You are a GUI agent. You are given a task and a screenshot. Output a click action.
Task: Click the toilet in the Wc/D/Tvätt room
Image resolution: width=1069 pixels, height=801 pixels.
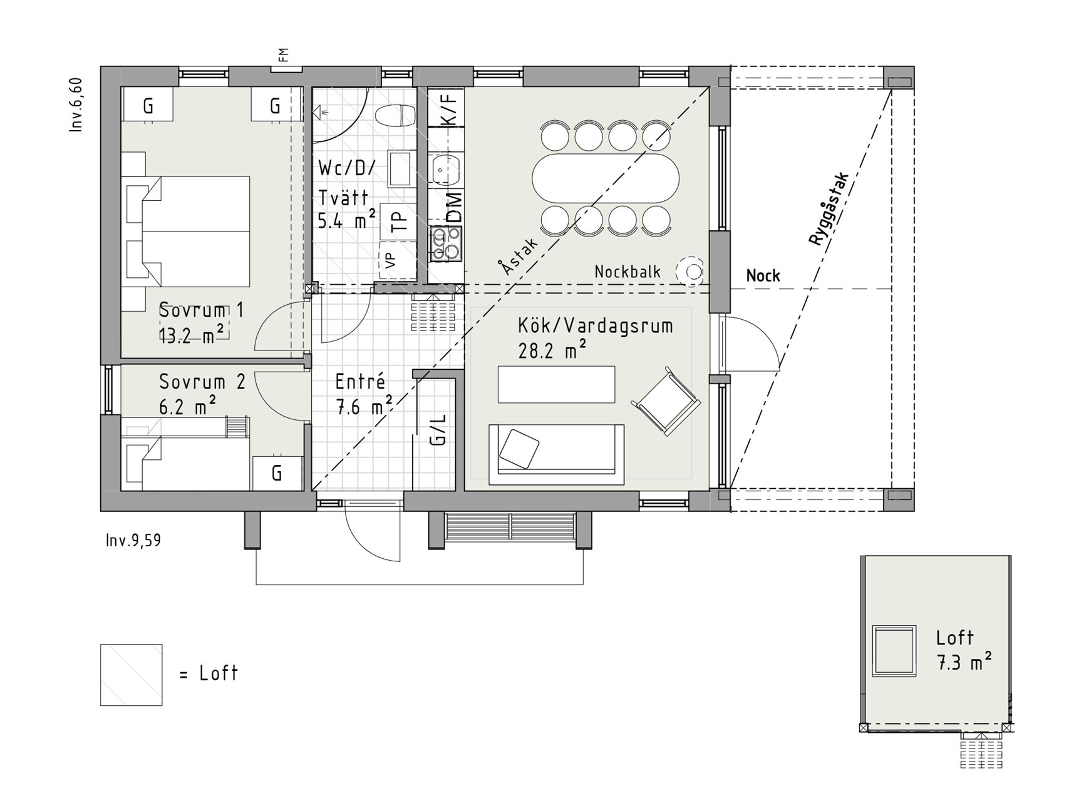395,115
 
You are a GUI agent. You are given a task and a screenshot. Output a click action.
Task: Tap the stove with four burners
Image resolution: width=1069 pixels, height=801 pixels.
445,244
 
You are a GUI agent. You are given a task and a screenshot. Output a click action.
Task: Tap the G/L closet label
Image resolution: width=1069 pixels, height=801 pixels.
438,429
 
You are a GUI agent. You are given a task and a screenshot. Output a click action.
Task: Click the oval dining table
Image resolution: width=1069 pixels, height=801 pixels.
605,178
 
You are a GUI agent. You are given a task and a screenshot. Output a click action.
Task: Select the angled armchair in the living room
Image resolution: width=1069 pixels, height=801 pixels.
666,402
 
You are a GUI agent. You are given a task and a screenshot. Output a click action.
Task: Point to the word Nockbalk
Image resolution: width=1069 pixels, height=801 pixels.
627,272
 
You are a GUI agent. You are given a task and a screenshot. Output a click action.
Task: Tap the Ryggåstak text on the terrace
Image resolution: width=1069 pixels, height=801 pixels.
828,209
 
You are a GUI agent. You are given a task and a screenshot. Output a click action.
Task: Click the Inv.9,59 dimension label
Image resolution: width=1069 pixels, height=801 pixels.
133,540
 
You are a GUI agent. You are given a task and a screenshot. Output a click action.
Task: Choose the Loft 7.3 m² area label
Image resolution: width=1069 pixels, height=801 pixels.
964,651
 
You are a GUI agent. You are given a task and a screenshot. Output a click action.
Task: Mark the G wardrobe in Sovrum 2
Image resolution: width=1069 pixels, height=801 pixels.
277,473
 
